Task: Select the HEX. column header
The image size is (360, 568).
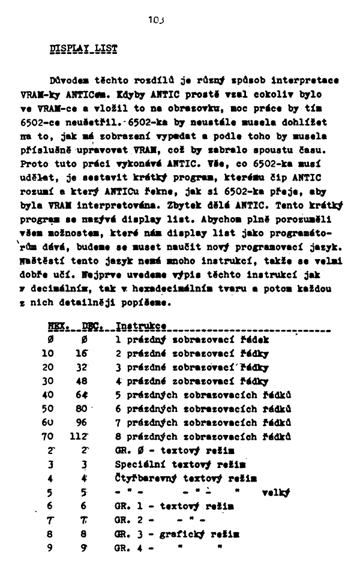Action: [57, 326]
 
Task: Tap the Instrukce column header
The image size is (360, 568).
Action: [140, 326]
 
